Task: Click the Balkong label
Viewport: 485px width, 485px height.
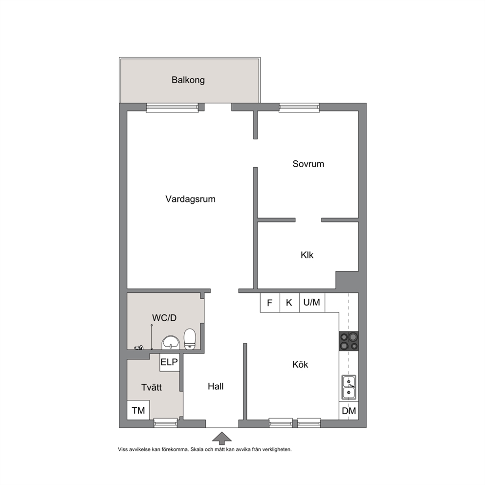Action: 188,80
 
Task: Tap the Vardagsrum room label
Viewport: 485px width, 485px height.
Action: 190,199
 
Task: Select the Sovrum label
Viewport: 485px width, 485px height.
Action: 308,164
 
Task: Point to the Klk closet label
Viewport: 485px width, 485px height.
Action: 307,255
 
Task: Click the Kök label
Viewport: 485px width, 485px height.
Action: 300,364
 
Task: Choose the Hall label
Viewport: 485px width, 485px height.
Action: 216,386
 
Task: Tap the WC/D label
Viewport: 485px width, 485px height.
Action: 164,318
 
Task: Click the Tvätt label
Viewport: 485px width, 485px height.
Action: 151,387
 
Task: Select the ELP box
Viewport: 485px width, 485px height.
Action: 170,362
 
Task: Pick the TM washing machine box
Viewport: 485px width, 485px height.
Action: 138,410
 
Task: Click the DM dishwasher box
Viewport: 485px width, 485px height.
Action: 349,411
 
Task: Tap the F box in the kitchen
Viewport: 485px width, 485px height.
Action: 270,303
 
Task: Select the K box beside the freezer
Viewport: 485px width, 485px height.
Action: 289,303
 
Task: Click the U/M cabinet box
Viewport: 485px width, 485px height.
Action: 312,303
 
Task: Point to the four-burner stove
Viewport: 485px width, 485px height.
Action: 349,341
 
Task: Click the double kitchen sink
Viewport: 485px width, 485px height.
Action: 349,387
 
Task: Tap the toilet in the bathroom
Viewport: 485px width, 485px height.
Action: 190,339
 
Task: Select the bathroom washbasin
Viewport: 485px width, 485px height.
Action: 171,343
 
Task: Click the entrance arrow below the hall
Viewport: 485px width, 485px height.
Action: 222,438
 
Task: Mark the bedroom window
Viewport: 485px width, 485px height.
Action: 299,108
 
